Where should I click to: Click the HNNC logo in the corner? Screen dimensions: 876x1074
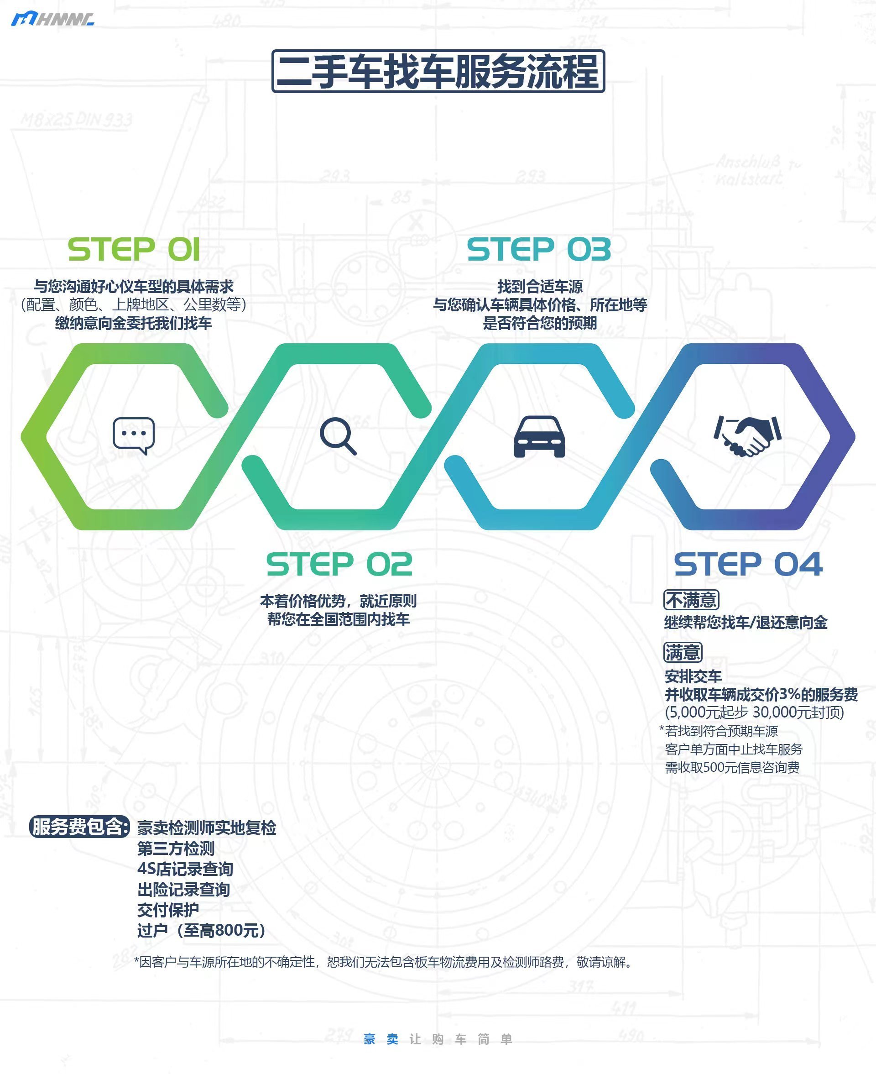click(52, 19)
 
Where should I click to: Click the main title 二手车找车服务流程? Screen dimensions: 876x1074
click(438, 71)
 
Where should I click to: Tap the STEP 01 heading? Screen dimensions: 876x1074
click(134, 249)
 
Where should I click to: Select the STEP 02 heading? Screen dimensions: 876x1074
click(339, 564)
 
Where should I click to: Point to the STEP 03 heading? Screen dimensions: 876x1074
click(538, 249)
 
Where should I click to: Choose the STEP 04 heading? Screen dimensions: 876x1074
click(748, 564)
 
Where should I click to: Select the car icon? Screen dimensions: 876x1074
click(539, 436)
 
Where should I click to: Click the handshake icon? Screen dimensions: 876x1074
click(747, 435)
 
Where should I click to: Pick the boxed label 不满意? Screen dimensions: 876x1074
click(691, 600)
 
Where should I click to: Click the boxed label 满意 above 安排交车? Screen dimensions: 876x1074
click(682, 652)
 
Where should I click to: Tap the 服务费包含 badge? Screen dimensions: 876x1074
click(79, 826)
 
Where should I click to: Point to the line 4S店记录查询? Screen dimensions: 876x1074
click(185, 869)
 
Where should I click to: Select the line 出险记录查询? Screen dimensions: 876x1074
click(183, 889)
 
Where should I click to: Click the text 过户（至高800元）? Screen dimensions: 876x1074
click(201, 930)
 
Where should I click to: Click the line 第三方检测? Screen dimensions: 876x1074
click(176, 849)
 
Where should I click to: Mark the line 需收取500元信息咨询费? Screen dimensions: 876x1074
click(732, 767)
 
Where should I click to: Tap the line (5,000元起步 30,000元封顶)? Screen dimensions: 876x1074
click(754, 712)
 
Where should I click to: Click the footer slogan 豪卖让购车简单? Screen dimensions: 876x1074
click(438, 1039)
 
